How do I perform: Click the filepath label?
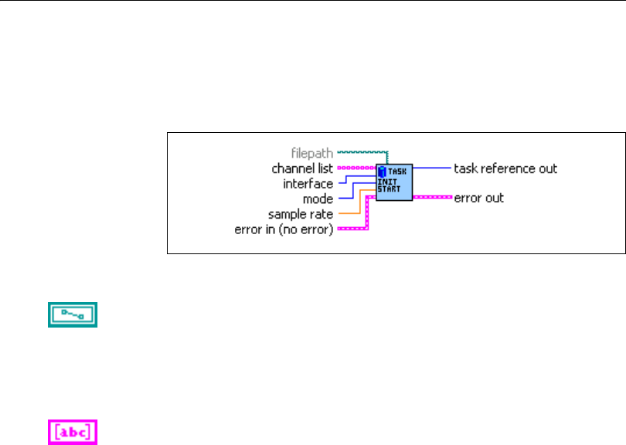(313, 153)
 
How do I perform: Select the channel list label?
(302, 168)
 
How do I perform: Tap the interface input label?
(308, 184)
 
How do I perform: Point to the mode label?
(318, 199)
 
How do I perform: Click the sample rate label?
(300, 214)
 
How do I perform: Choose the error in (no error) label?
(283, 229)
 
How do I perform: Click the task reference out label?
(505, 168)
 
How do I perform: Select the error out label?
(478, 198)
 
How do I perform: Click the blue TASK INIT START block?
(393, 182)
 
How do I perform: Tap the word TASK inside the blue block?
(397, 171)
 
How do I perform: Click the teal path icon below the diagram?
(73, 314)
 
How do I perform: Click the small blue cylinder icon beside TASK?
(381, 170)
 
